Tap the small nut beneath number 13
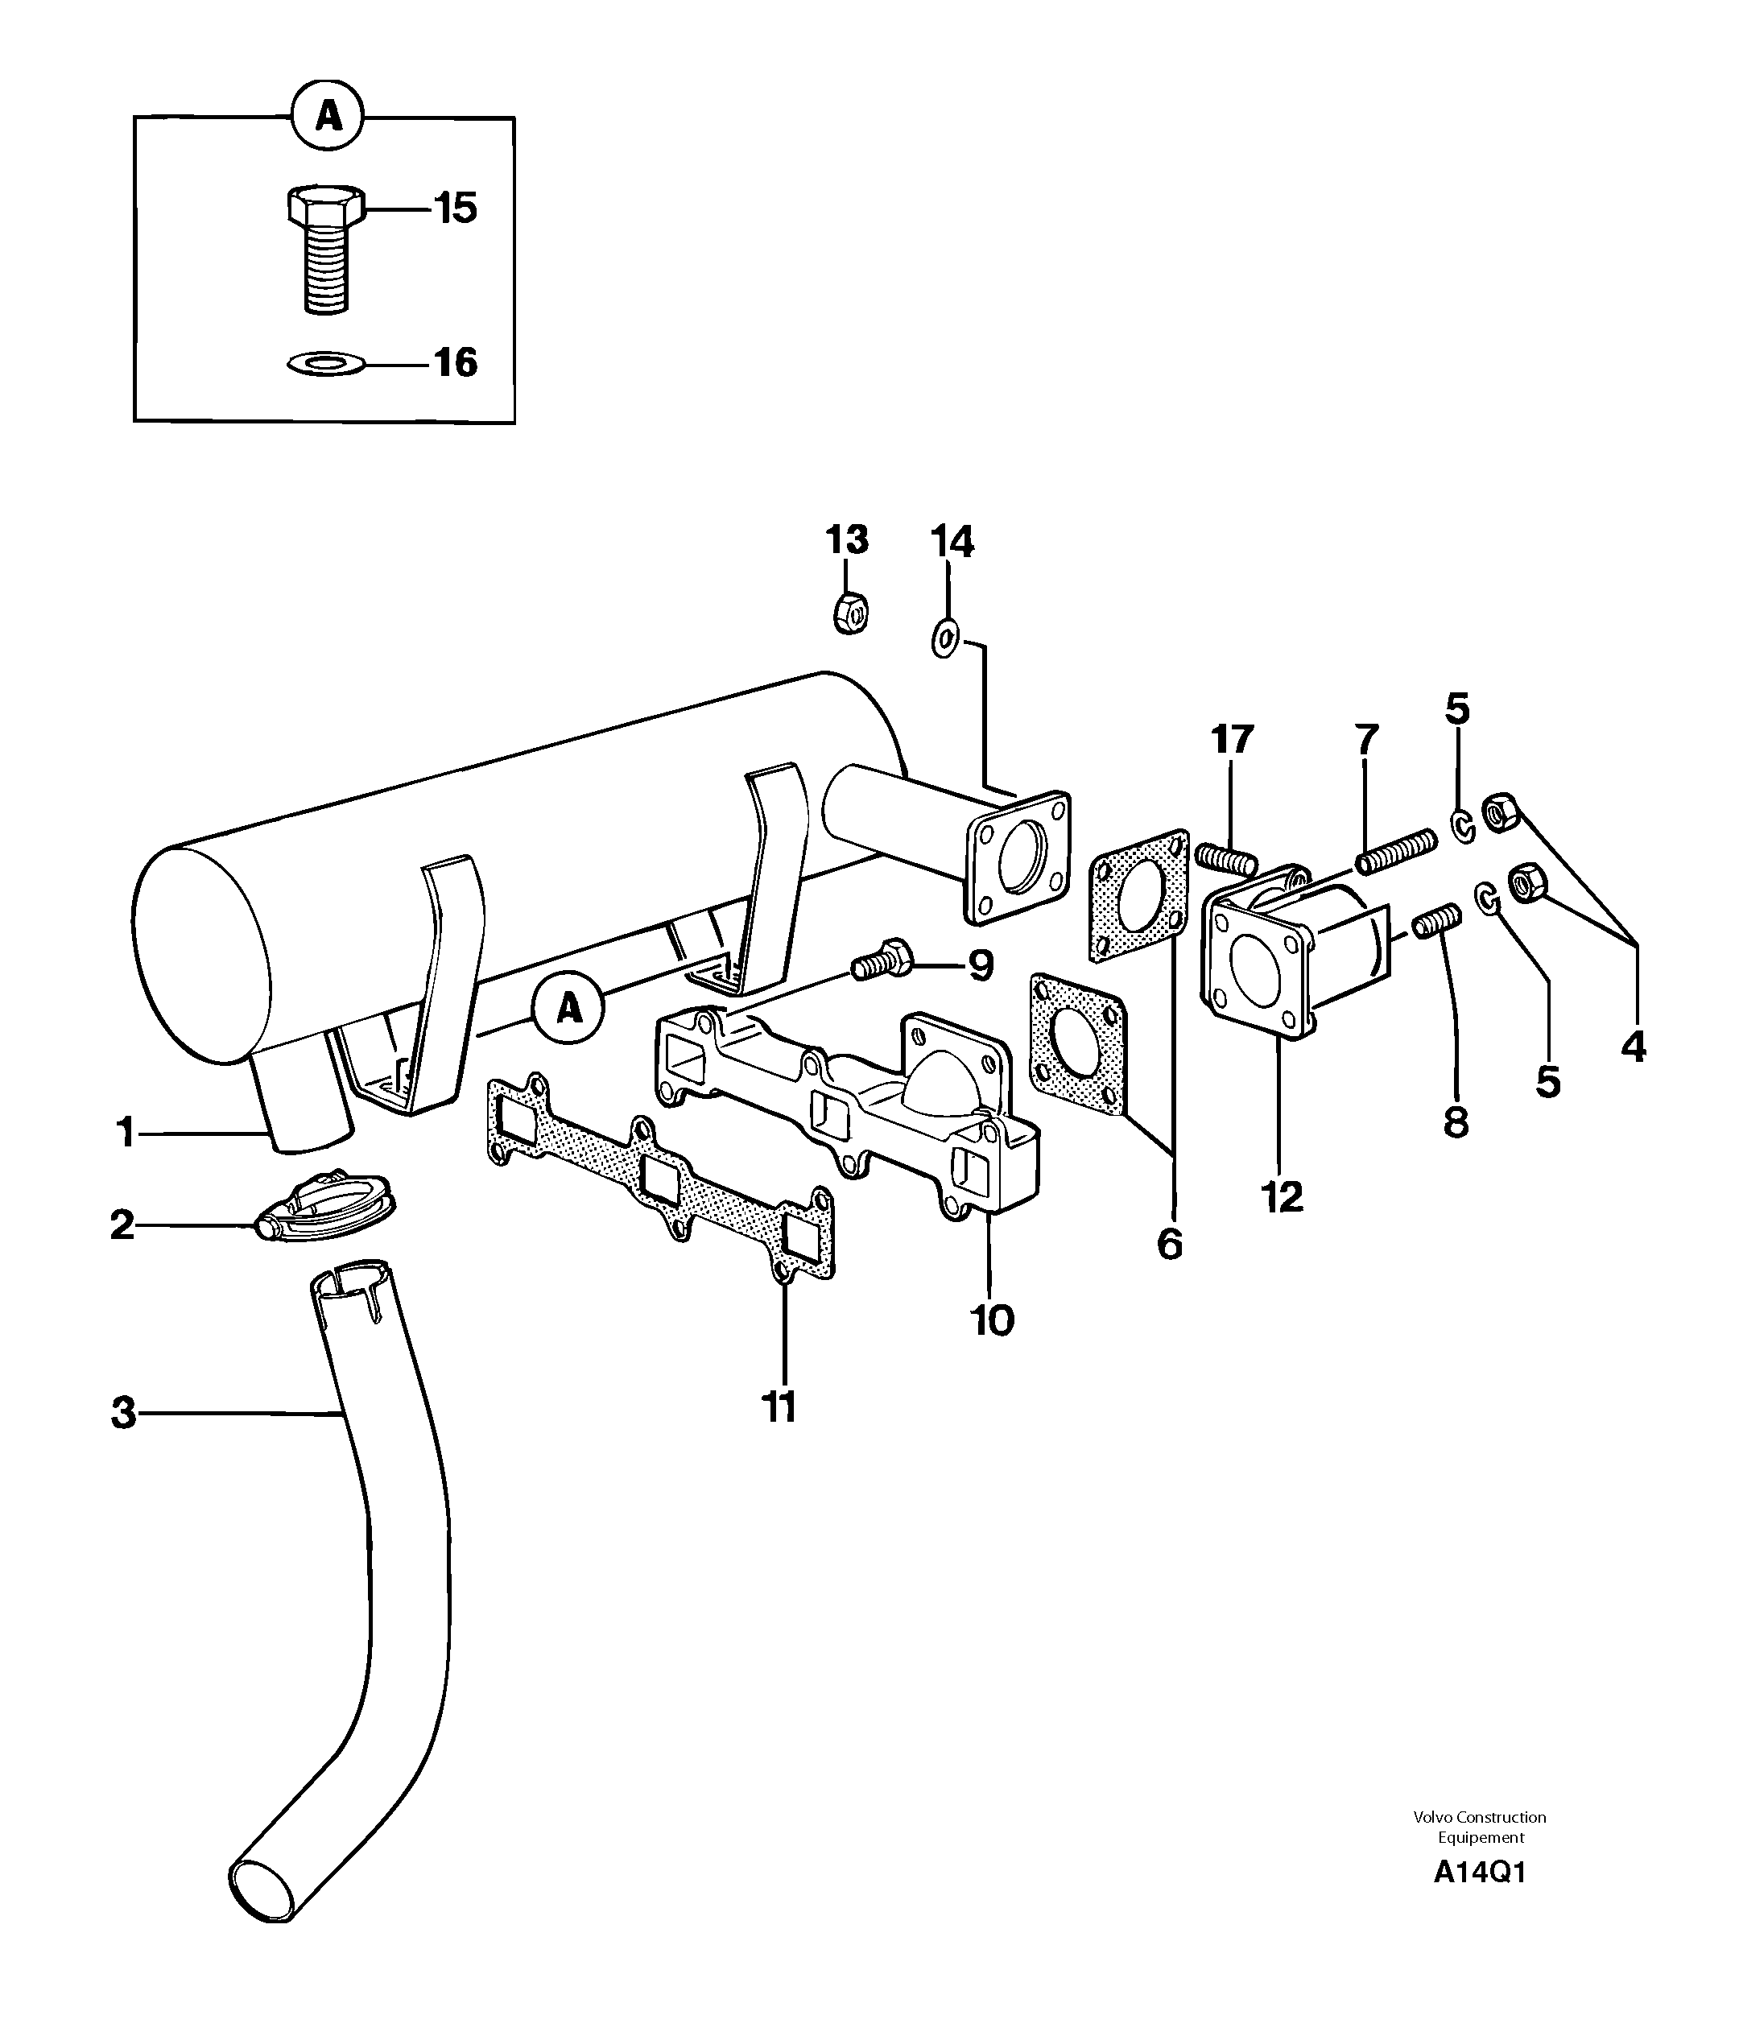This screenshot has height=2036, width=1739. tap(849, 615)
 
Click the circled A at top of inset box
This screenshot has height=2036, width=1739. tap(328, 117)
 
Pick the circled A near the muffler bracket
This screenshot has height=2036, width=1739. tap(569, 1008)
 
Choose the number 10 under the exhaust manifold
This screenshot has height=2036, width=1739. tap(993, 1322)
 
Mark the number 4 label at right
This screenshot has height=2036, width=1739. tap(1633, 1047)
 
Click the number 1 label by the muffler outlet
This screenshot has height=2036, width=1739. tap(125, 1133)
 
